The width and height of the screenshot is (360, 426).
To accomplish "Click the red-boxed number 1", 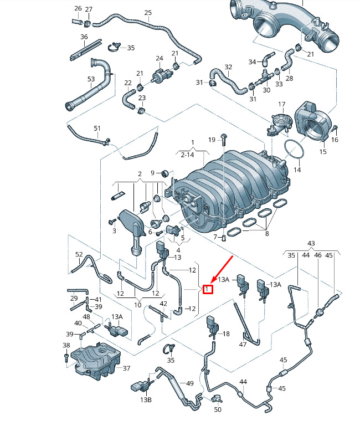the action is (208, 289).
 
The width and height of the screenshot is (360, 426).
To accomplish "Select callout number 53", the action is (91, 79).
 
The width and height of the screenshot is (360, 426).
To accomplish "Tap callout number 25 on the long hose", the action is (148, 13).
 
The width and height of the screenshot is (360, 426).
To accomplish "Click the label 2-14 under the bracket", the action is (187, 155).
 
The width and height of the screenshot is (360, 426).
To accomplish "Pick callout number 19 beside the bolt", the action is (212, 140).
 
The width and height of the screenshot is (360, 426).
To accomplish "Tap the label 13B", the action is (146, 400).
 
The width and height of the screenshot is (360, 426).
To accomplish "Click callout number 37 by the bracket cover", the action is (126, 368).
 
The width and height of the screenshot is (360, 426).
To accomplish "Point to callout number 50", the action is (218, 409).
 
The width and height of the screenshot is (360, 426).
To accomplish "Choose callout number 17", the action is (282, 104).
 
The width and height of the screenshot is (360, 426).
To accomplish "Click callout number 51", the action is (97, 128).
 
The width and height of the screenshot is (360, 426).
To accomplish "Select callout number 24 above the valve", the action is (160, 58).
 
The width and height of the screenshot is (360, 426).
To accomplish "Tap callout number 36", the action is (84, 37).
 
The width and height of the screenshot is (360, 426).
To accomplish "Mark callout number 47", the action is (243, 345).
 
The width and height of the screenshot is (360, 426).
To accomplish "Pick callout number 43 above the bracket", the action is (311, 243).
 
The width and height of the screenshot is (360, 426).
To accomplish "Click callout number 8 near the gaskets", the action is (267, 234).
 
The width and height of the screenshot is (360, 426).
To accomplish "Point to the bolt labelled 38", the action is (66, 357).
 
